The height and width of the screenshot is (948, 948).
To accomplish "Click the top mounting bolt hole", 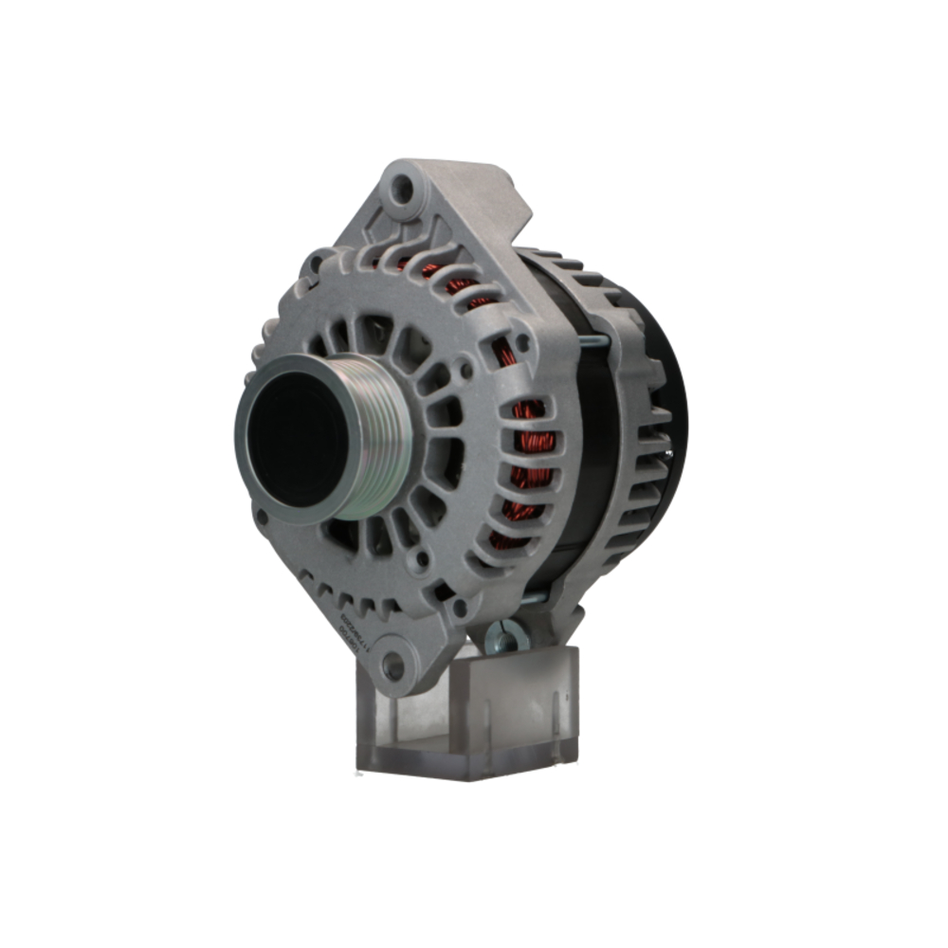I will tap(403, 189).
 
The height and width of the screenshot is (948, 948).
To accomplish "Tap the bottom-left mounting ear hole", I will tap(392, 665).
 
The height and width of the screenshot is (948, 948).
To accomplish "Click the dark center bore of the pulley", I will tap(290, 438).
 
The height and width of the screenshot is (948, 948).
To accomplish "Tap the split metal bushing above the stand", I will tap(506, 636).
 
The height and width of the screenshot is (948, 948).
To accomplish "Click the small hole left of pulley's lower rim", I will tap(260, 517).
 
